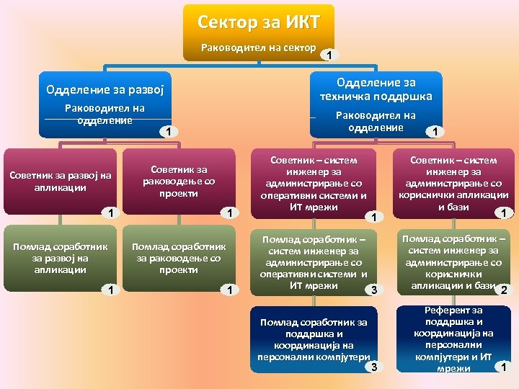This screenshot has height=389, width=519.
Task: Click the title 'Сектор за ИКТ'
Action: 259,21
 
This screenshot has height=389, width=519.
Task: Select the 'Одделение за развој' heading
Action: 105,90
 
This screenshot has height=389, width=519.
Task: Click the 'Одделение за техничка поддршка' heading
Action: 376,89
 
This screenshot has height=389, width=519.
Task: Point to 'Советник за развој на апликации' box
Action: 61,181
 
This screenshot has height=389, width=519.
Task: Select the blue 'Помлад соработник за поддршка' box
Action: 314,339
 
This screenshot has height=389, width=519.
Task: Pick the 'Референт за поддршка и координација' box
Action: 453,339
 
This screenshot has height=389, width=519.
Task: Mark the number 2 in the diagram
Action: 504,290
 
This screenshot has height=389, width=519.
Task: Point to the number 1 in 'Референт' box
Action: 503,367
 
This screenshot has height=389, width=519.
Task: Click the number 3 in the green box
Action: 373,290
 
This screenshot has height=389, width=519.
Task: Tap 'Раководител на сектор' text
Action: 259,48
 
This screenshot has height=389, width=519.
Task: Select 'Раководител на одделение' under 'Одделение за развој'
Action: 105,114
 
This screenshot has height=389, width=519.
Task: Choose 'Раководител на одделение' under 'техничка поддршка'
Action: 376,121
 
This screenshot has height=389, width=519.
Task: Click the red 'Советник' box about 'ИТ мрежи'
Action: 314,184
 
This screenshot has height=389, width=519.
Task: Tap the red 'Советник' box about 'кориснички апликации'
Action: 453,184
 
